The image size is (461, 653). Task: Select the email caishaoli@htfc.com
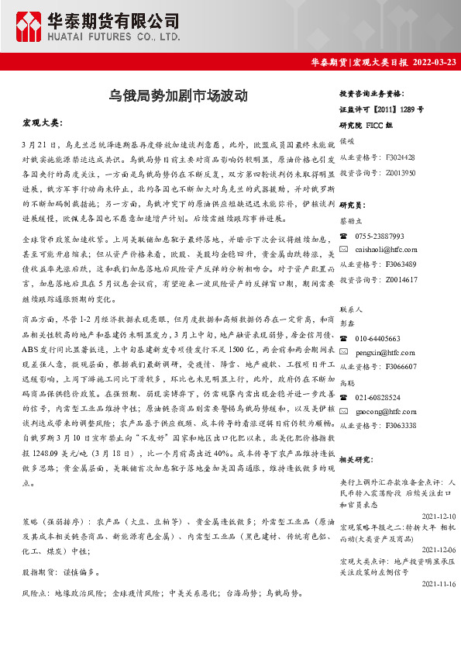click(x=386, y=249)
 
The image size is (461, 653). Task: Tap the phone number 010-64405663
click(x=378, y=338)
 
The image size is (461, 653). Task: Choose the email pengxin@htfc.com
click(x=384, y=352)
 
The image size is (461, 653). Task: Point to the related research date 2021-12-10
click(x=439, y=515)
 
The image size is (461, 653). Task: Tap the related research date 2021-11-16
click(x=439, y=583)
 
